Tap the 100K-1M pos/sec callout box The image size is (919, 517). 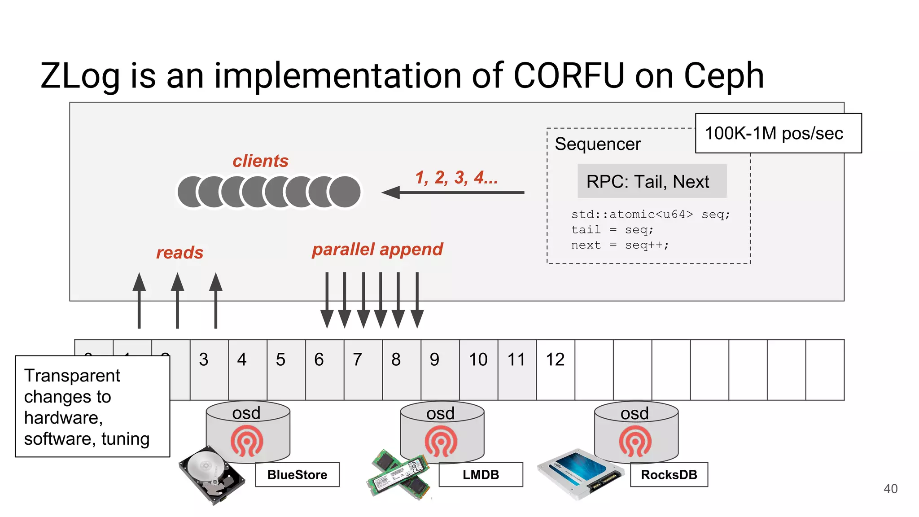pos(778,133)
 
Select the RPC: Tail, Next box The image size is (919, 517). pos(652,181)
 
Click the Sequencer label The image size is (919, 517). pos(597,144)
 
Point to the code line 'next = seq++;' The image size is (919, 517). pos(619,245)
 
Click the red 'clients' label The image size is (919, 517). pos(260,161)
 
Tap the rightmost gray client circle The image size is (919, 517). pos(345,192)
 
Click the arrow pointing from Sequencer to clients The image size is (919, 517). pos(453,193)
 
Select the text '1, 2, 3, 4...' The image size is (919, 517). pos(456,178)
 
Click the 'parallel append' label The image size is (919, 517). pos(377,250)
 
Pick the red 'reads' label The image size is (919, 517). pos(179,253)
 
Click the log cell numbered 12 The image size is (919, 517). pos(555,369)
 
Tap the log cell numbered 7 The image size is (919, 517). pos(363,369)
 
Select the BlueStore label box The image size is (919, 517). pos(297,474)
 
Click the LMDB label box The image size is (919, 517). pos(481,474)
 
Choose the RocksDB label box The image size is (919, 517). pos(669,474)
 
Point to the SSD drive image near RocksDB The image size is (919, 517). pos(580,473)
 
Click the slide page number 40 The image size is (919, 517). pos(890,489)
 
